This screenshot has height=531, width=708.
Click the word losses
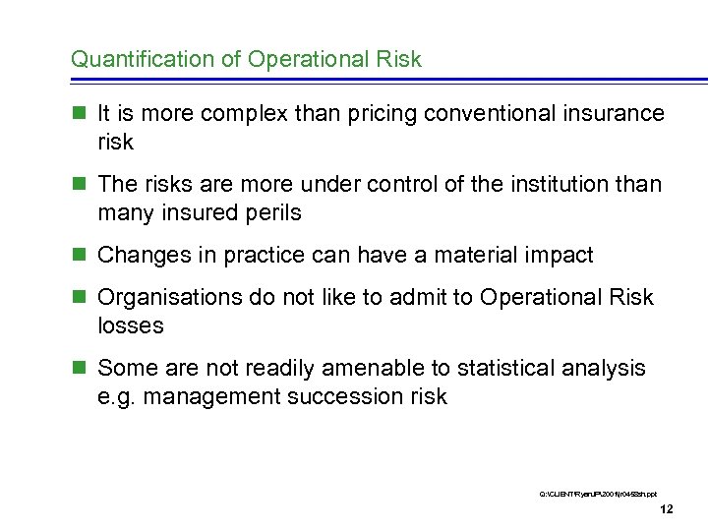coord(131,325)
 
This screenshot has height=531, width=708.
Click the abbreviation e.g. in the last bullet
coord(116,397)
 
